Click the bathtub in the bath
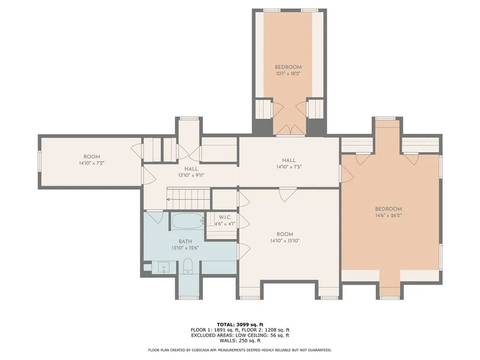187,221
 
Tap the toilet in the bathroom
187,266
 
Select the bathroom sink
164,267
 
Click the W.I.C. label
225,217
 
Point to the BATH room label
185,241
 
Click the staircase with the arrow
188,199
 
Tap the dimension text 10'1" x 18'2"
288,73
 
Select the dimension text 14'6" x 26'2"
388,215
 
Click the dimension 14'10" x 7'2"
92,163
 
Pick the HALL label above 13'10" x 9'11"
191,168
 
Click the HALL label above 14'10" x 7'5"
288,160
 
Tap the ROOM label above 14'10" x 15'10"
285,234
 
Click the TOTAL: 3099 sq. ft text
240,324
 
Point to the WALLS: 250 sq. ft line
240,340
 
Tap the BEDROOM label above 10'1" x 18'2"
288,67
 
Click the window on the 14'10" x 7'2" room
39,160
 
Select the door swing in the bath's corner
155,217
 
